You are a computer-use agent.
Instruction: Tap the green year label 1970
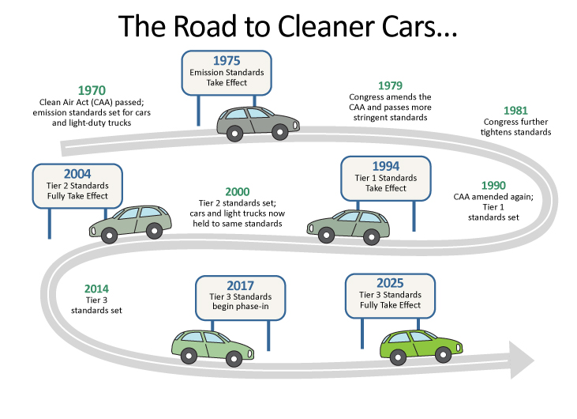(x=92, y=91)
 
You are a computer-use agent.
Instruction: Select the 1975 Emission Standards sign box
(x=227, y=71)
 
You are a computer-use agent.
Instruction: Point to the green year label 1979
(x=390, y=85)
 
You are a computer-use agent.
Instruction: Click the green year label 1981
(x=516, y=111)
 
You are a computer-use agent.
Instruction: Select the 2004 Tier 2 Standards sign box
(x=77, y=184)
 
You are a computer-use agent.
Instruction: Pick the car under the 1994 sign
(x=348, y=224)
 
